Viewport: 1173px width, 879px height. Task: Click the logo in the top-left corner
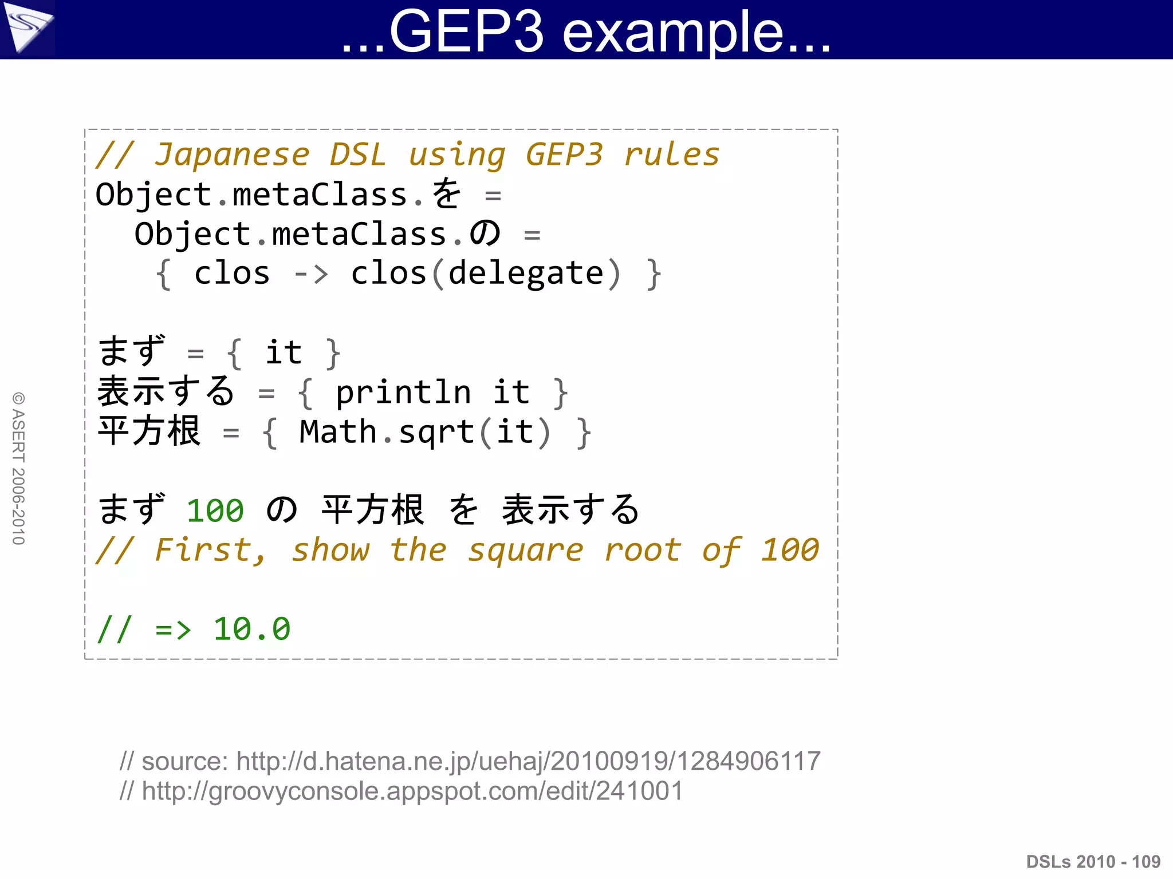tap(27, 29)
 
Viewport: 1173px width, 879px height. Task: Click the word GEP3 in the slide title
tap(466, 32)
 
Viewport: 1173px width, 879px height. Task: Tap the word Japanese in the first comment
tap(232, 155)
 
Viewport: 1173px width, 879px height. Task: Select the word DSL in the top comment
tap(358, 155)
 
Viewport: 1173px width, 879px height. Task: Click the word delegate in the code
tap(526, 274)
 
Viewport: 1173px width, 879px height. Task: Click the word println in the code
tap(403, 393)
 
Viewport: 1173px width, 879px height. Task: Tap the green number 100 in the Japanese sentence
tap(215, 510)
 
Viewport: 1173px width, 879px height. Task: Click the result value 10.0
tap(251, 629)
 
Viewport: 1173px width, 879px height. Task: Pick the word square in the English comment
tap(525, 551)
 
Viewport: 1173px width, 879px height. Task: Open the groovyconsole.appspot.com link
tap(412, 791)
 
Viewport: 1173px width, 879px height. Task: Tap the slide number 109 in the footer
tap(1146, 861)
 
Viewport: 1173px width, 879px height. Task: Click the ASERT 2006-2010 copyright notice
tap(19, 468)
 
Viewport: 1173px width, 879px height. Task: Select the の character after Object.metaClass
tap(485, 233)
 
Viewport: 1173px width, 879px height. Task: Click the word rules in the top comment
tap(671, 155)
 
